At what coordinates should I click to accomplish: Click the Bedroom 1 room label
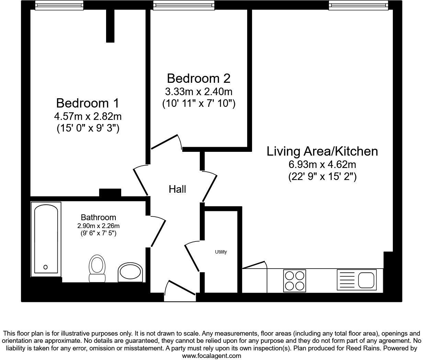coord(88,103)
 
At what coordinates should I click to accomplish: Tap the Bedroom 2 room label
coord(198,78)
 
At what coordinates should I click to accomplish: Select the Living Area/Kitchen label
coord(322,151)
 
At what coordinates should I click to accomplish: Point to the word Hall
coord(177,189)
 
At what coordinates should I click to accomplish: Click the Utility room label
coord(221,252)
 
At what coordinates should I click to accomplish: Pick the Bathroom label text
coord(98,217)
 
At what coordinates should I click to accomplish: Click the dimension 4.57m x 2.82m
coord(88,116)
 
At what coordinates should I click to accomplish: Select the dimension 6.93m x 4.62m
coord(322,164)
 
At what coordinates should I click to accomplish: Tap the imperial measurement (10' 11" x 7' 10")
coord(198,103)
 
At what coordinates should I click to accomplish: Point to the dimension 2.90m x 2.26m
coord(98,226)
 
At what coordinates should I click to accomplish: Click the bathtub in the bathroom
coord(46,238)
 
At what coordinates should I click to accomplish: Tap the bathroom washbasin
coord(129,273)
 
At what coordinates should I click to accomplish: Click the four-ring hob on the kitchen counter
coord(294,280)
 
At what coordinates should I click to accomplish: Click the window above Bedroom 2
coord(184,5)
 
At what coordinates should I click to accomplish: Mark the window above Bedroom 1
coord(59,5)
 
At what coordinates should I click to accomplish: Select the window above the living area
coord(358,5)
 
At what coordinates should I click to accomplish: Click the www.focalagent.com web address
coord(211,356)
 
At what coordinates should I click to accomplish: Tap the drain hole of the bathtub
coord(45,267)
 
